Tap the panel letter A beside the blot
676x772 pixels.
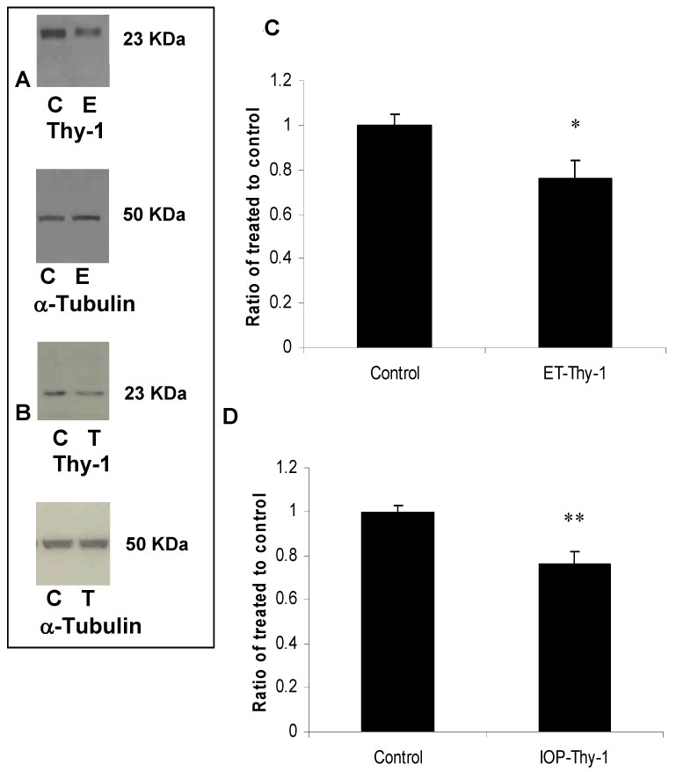pyautogui.click(x=24, y=80)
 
